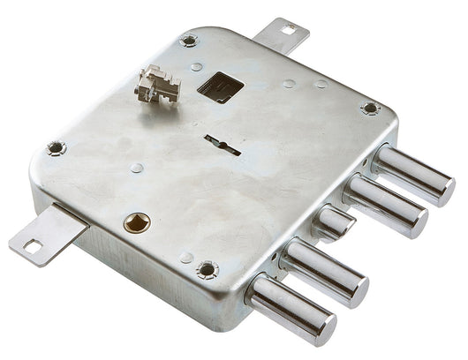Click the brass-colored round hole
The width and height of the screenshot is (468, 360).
point(136,222)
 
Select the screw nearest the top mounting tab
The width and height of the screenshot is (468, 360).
point(189,41)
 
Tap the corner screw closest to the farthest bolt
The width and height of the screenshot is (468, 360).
point(370,108)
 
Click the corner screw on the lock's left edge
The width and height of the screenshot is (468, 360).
point(56,148)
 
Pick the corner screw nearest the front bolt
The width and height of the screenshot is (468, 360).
point(208,269)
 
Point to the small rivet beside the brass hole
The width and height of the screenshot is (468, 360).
point(187,257)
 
